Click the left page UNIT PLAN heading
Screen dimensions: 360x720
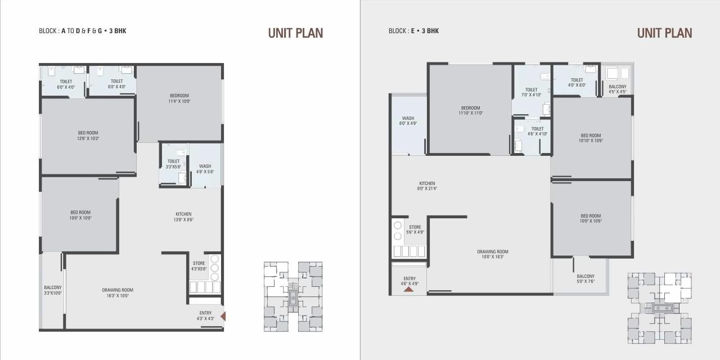pyautogui.click(x=295, y=33)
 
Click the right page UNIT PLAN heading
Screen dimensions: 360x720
pyautogui.click(x=664, y=33)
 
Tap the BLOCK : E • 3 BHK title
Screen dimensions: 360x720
pyautogui.click(x=413, y=31)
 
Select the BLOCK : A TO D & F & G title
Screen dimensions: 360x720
pyautogui.click(x=83, y=31)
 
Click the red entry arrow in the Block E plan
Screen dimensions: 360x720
pyautogui.click(x=409, y=289)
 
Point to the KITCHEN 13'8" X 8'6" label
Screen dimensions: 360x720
pyautogui.click(x=183, y=217)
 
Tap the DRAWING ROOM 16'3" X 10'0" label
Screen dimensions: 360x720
pyautogui.click(x=118, y=292)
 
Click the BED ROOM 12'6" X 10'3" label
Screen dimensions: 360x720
pyautogui.click(x=88, y=136)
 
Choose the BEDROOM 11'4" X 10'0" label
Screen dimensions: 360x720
pyautogui.click(x=179, y=98)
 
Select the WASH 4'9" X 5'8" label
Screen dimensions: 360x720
pyautogui.click(x=205, y=169)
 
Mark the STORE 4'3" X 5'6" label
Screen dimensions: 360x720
pyautogui.click(x=199, y=266)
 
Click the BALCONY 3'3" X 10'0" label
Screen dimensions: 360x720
pyautogui.click(x=53, y=290)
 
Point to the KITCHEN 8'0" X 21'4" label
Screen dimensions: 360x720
pyautogui.click(x=427, y=186)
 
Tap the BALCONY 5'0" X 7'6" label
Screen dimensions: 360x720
pyautogui.click(x=586, y=279)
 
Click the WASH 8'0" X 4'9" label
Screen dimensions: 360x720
pyautogui.click(x=408, y=121)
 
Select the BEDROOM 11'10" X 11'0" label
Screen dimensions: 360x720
pyautogui.click(x=470, y=110)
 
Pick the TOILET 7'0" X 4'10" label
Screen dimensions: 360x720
pyautogui.click(x=531, y=92)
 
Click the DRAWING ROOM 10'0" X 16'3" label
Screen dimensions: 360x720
pyautogui.click(x=493, y=254)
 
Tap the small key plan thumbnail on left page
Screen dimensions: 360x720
pyautogui.click(x=293, y=296)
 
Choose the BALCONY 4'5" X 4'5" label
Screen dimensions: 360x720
pyautogui.click(x=617, y=89)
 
